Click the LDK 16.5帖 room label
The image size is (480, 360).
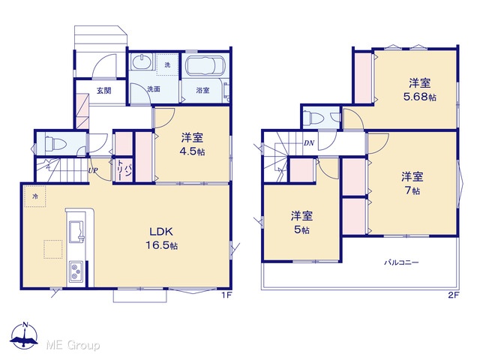(161, 238)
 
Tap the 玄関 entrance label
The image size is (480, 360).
(103, 91)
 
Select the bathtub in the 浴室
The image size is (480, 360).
(205, 65)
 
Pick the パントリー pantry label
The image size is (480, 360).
(124, 172)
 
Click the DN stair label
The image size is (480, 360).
(309, 143)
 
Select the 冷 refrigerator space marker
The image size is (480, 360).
(35, 196)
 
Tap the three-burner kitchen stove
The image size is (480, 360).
(76, 271)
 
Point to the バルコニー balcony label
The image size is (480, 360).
(401, 262)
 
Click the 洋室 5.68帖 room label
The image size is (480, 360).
(420, 90)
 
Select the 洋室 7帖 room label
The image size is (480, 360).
(412, 183)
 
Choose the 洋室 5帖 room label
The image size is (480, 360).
(301, 223)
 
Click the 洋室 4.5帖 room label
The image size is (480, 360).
(192, 145)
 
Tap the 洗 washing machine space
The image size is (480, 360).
(167, 64)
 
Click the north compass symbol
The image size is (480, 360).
(25, 336)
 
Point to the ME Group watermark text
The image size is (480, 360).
(73, 345)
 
